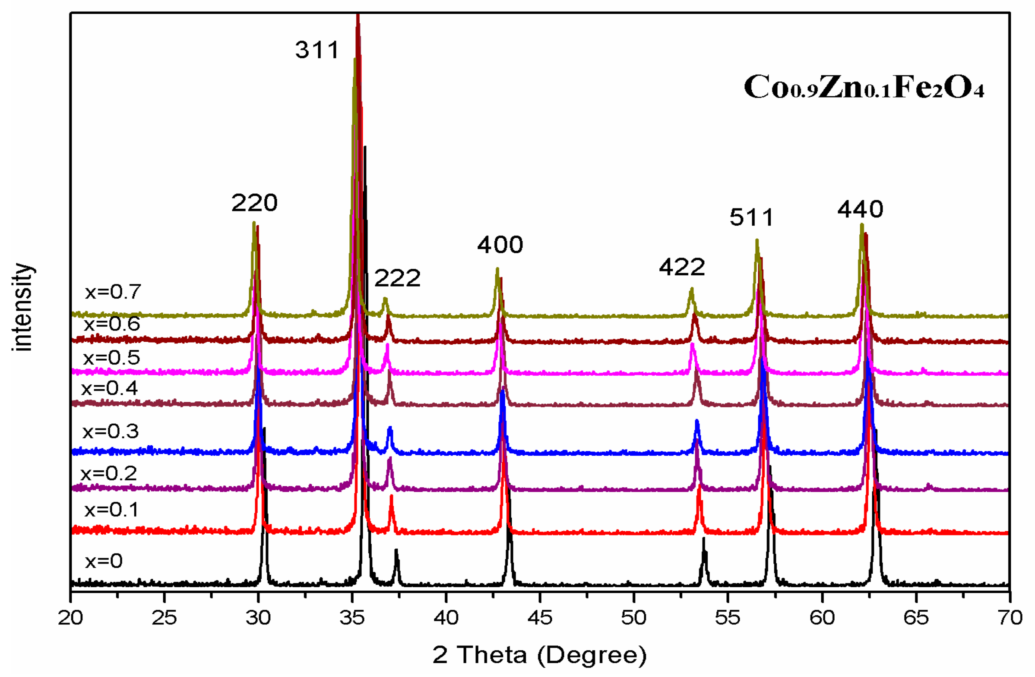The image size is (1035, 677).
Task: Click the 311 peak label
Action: tap(317, 50)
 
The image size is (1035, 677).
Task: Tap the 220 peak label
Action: tap(254, 203)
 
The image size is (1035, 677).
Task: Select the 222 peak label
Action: tap(397, 278)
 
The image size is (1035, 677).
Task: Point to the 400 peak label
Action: tap(500, 245)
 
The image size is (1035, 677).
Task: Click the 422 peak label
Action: tap(681, 267)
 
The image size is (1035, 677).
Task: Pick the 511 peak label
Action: tap(751, 217)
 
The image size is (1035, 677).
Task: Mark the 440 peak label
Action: tap(860, 209)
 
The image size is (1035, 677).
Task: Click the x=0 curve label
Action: tap(104, 561)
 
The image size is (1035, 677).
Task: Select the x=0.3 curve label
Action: tap(111, 431)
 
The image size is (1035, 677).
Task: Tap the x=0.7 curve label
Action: tap(113, 292)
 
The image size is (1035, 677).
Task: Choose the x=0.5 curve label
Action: tap(111, 358)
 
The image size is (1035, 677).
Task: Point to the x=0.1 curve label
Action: tap(111, 509)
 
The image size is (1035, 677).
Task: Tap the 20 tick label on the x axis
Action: tap(70, 617)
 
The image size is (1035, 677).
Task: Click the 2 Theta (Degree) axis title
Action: tap(539, 655)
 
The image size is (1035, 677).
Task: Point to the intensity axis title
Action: tap(23, 307)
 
